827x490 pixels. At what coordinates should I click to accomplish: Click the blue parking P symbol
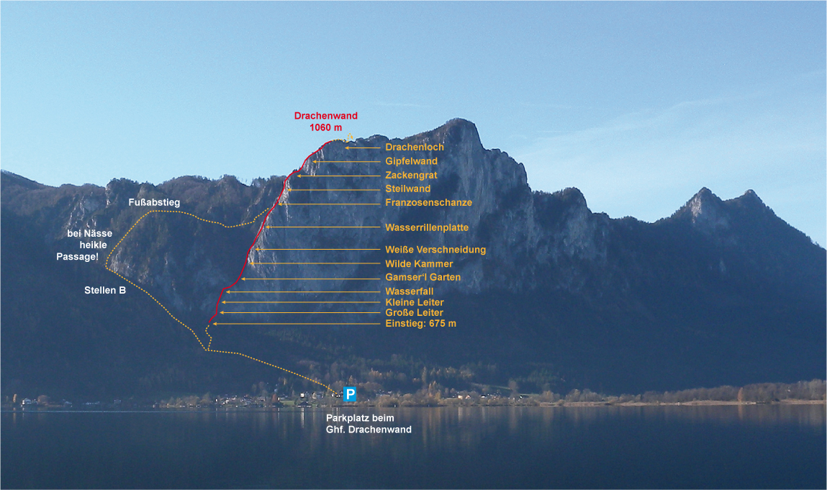[x=350, y=394]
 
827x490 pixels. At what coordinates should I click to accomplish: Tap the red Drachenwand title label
[x=325, y=116]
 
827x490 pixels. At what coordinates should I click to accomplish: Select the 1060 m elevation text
[x=325, y=127]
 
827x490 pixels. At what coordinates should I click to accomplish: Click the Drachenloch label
[x=415, y=148]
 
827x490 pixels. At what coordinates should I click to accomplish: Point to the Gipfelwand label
[x=411, y=161]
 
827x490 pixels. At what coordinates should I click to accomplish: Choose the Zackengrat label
[x=411, y=175]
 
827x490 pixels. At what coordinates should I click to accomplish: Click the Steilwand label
[x=407, y=189]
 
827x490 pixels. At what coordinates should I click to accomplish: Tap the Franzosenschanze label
[x=428, y=202]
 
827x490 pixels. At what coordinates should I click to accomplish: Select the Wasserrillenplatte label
[x=427, y=227]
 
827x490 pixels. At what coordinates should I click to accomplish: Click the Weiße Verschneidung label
[x=435, y=250]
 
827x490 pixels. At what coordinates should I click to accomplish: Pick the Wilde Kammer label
[x=419, y=264]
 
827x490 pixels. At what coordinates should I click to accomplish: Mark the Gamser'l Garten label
[x=422, y=277]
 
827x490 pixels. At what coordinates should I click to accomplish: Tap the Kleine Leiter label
[x=415, y=302]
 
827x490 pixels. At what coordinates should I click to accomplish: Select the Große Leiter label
[x=414, y=313]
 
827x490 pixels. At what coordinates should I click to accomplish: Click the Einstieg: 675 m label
[x=420, y=324]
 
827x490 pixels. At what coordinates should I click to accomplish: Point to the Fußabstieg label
[x=154, y=204]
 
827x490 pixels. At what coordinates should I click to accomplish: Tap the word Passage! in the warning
[x=77, y=257]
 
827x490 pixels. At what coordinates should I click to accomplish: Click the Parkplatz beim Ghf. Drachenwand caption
[x=369, y=424]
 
